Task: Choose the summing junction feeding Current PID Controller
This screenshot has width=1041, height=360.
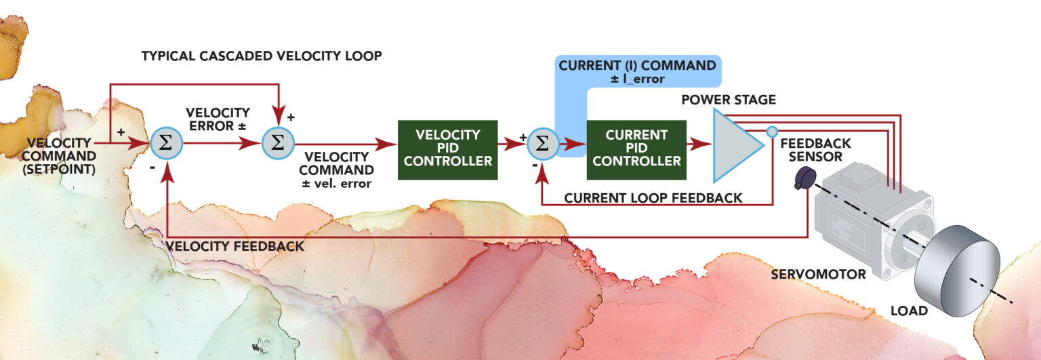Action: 542,144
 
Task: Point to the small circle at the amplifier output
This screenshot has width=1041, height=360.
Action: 772,132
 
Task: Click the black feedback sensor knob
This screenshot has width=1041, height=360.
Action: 804,178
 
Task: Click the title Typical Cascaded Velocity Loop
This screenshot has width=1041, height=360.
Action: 262,56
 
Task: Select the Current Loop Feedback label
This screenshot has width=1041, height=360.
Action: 653,198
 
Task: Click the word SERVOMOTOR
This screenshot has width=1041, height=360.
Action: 818,275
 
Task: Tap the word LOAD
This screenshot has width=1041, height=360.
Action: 909,311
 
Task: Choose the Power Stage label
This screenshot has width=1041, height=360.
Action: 729,100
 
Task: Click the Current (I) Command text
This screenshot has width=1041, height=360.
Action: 636,66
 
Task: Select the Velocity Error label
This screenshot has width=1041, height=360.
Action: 218,118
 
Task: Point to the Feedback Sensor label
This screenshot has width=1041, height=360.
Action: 815,151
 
